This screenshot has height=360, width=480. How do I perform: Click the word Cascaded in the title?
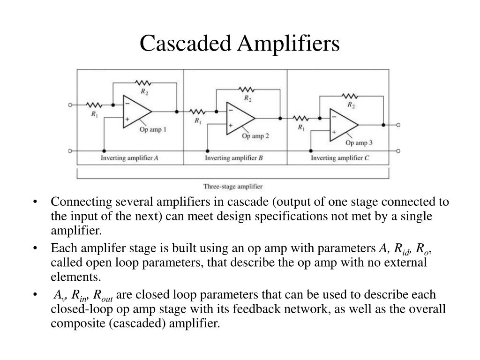click(x=185, y=43)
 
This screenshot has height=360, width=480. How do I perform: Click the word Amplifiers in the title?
click(x=288, y=43)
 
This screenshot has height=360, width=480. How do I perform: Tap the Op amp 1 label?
click(x=153, y=129)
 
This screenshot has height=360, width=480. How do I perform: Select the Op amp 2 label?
click(x=255, y=136)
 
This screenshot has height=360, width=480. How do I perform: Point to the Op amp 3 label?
click(x=359, y=142)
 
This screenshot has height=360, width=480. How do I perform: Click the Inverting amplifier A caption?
click(x=129, y=158)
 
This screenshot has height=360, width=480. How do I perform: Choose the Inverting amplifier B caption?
click(x=234, y=158)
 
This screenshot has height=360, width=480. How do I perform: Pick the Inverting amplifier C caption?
click(x=340, y=158)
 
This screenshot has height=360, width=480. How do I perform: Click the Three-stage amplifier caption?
click(x=233, y=187)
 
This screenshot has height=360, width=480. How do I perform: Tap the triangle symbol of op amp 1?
click(x=137, y=112)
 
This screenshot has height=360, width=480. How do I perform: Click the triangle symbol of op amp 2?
click(x=240, y=118)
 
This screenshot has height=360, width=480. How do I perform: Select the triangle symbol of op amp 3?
click(x=344, y=125)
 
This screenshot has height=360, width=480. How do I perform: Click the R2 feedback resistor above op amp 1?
click(x=143, y=83)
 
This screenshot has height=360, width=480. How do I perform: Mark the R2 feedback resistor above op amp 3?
click(x=350, y=96)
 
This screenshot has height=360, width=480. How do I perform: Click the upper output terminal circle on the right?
click(x=398, y=125)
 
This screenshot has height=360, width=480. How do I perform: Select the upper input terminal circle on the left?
click(x=70, y=105)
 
